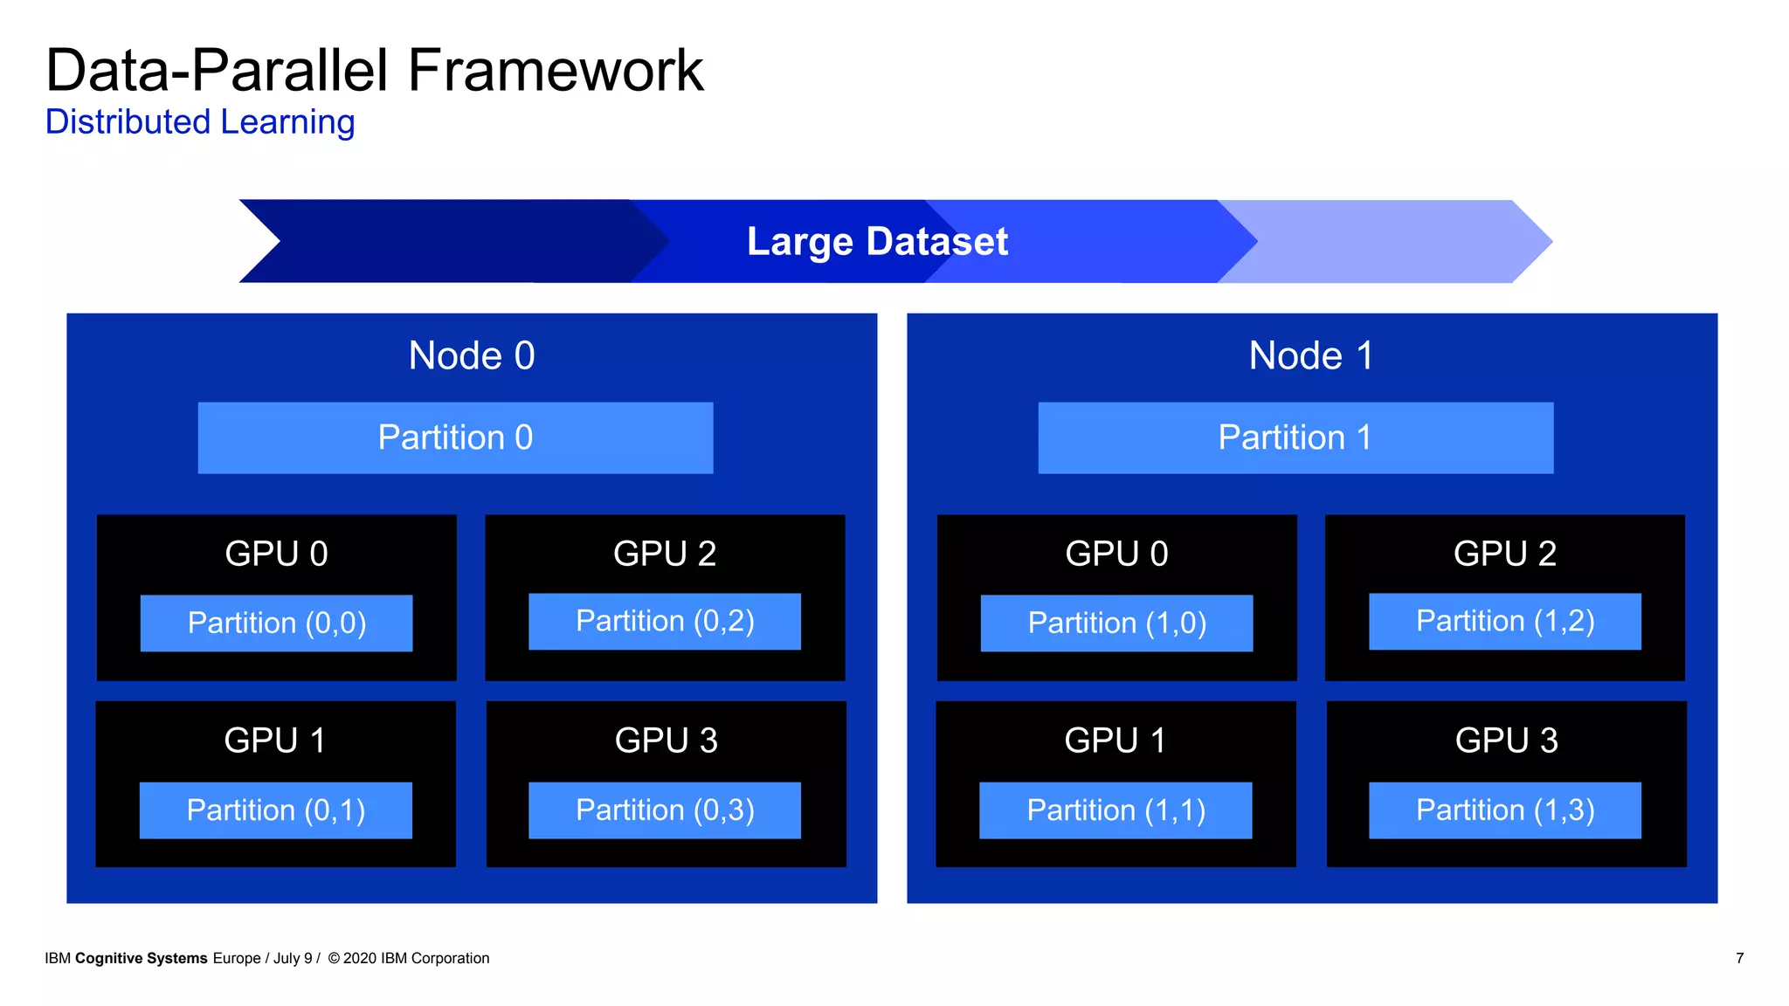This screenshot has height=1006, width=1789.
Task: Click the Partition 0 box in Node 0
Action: tap(455, 438)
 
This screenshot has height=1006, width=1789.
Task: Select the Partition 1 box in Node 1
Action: tap(1295, 438)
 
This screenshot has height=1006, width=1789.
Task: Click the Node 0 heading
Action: tap(472, 355)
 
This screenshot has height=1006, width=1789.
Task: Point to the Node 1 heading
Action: tap(1311, 355)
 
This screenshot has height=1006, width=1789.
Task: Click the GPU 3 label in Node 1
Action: tap(1506, 741)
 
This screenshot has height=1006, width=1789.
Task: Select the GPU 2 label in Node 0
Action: tap(665, 554)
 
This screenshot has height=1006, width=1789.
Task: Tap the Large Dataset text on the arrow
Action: tap(877, 241)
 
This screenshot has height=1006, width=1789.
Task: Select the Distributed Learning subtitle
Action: tap(200, 122)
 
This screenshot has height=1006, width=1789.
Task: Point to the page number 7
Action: tap(1739, 958)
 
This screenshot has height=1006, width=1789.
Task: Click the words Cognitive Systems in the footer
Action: tap(142, 958)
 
